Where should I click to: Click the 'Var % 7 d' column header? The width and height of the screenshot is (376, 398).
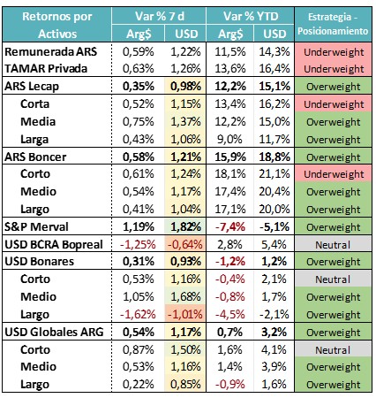[x=160, y=16]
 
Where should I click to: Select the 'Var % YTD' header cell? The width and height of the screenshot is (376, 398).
[x=251, y=16]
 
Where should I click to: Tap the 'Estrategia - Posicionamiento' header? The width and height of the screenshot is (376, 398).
[x=333, y=24]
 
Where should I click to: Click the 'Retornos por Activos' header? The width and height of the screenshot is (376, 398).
[x=57, y=25]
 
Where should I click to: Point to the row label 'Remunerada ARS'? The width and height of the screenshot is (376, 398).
[x=51, y=51]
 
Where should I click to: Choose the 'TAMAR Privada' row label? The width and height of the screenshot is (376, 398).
[x=46, y=69]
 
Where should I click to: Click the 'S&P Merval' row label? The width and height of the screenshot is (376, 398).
[x=36, y=226]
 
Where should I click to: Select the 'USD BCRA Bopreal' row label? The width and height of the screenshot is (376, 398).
[x=54, y=244]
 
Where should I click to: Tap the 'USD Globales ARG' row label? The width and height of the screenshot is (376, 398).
[x=54, y=332]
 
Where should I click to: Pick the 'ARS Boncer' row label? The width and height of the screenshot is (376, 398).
[x=35, y=157]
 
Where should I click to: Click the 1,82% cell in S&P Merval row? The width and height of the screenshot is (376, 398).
[x=186, y=226]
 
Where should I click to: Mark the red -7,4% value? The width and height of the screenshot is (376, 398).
[x=230, y=226]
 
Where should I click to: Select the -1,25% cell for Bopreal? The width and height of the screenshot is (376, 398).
[x=138, y=244]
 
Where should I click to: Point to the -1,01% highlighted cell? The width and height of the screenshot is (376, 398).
[x=185, y=314]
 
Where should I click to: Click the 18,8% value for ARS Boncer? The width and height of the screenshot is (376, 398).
[x=274, y=157]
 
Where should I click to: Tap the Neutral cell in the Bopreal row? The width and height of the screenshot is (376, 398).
[x=333, y=245]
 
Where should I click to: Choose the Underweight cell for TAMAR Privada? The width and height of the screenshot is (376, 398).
[x=334, y=69]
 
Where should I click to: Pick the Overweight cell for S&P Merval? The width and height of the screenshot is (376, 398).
[x=334, y=227]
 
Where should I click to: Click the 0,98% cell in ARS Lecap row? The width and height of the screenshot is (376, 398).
[x=186, y=87]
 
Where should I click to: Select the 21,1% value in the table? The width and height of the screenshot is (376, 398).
[x=274, y=174]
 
